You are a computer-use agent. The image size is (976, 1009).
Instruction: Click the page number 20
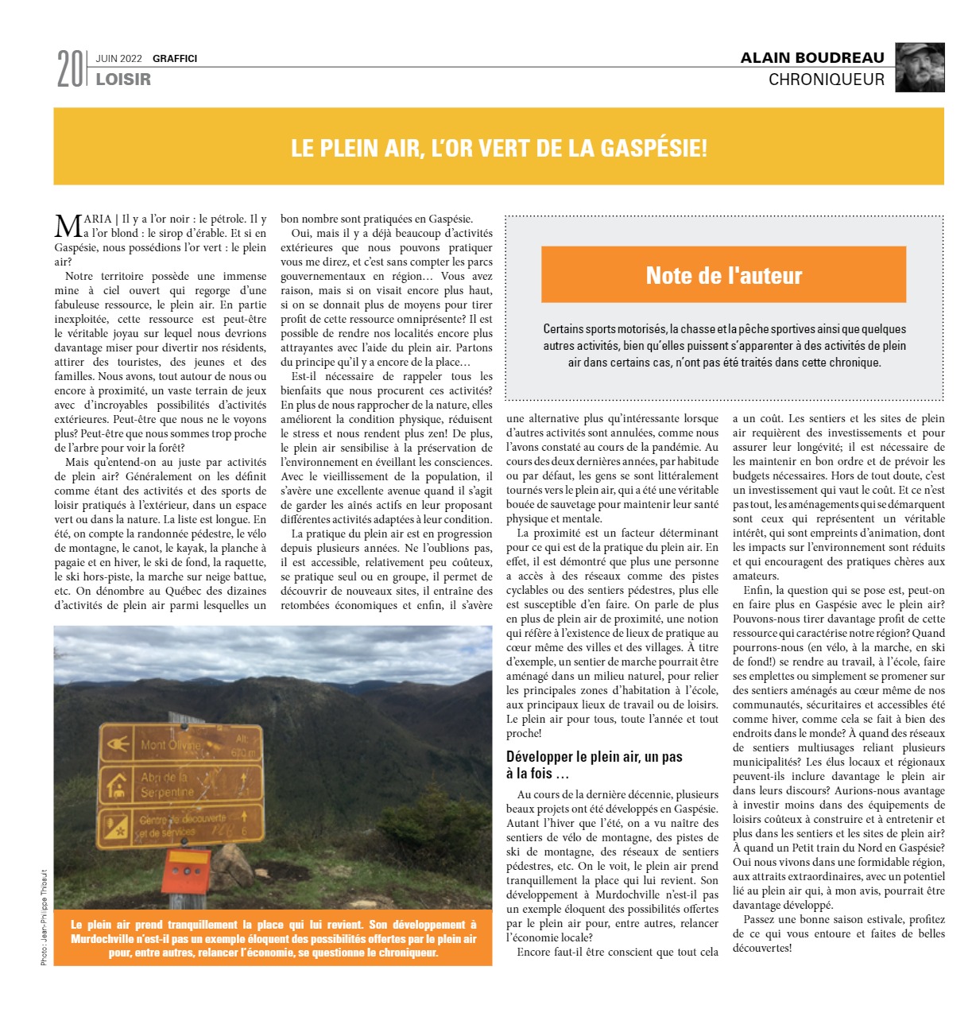click(69, 69)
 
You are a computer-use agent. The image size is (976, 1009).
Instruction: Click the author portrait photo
click(920, 68)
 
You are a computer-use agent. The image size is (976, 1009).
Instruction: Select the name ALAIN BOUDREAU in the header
click(811, 58)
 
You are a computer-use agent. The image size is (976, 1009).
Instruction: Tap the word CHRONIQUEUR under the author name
click(826, 80)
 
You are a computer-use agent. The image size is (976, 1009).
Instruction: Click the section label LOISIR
click(123, 80)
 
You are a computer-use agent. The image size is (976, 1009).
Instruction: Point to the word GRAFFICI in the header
click(175, 59)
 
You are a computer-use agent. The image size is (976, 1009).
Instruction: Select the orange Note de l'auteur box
click(723, 275)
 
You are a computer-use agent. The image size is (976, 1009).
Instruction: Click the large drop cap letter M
click(68, 226)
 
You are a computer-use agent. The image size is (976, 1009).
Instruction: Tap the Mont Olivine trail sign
click(180, 744)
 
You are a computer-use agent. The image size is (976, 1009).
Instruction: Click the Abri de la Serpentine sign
click(180, 784)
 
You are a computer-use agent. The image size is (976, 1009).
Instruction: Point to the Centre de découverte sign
click(180, 825)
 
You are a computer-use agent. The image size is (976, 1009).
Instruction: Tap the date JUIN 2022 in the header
click(118, 59)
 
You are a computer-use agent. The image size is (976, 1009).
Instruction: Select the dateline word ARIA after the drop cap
click(97, 219)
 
